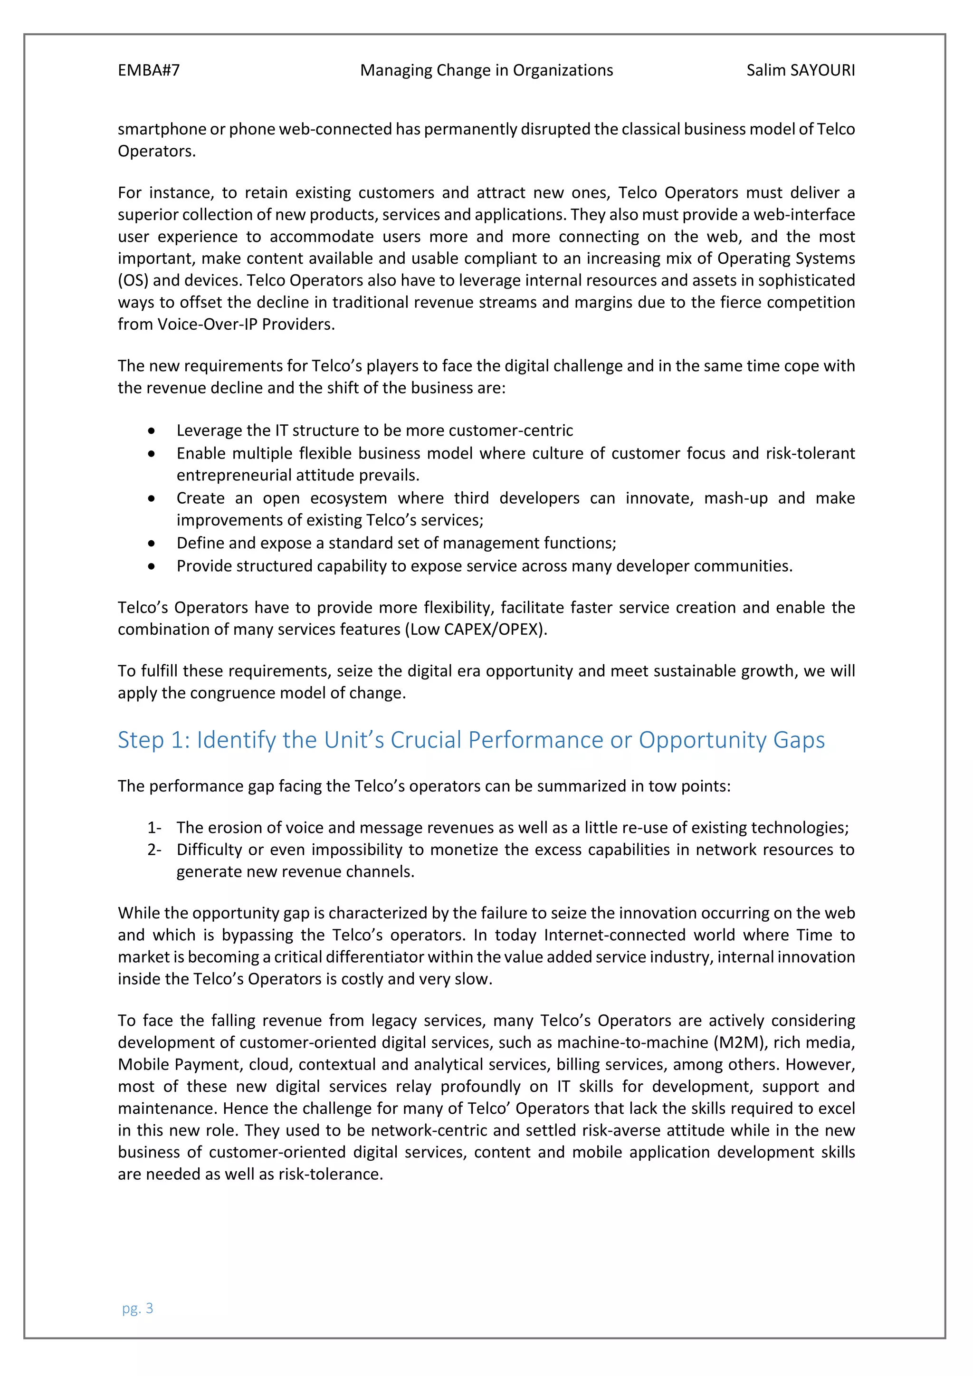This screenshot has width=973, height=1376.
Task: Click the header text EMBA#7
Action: coord(149,71)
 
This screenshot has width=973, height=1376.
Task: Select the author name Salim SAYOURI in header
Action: coord(800,71)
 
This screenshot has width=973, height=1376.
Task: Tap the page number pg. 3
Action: coord(137,1308)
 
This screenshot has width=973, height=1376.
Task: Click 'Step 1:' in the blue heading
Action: coord(153,740)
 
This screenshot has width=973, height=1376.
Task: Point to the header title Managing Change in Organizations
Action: coord(486,71)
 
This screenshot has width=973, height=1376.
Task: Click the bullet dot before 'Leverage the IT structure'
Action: coord(152,431)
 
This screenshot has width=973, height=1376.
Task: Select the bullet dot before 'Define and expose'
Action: coord(152,544)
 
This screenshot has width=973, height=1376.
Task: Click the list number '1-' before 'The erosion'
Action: coord(154,828)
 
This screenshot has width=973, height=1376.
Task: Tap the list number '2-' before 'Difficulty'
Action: coord(154,850)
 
